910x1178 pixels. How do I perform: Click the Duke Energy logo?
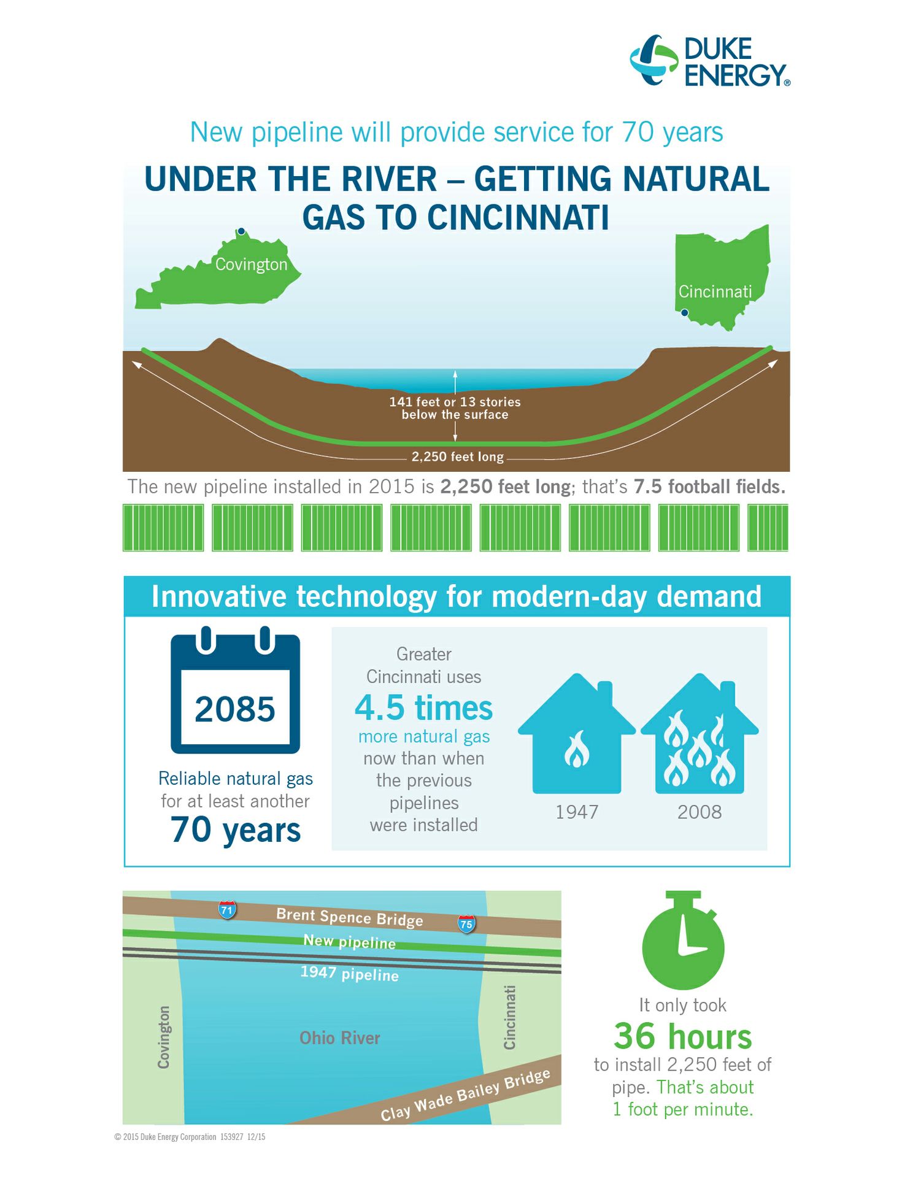click(x=710, y=61)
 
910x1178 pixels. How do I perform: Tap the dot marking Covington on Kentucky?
click(x=242, y=231)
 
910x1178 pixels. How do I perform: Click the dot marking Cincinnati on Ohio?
click(x=685, y=313)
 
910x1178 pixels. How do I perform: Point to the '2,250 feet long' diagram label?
click(x=457, y=456)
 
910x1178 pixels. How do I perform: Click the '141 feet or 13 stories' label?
click(x=455, y=402)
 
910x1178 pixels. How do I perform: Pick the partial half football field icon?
click(x=768, y=528)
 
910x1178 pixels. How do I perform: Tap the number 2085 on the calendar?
click(x=235, y=709)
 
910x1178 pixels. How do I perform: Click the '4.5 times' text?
click(x=423, y=707)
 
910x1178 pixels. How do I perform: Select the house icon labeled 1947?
click(x=577, y=733)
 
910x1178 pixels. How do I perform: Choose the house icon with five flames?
click(x=700, y=733)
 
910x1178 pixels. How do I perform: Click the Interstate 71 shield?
click(x=227, y=909)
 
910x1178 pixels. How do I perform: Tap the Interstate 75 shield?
click(x=466, y=923)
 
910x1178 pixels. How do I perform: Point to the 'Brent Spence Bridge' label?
click(x=350, y=917)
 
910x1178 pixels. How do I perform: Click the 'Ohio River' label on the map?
click(x=340, y=1037)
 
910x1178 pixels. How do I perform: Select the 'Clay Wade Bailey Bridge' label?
click(x=465, y=1095)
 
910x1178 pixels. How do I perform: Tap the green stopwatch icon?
click(x=683, y=940)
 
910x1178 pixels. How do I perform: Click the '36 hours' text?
click(x=683, y=1036)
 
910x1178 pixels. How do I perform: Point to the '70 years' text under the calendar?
click(x=236, y=830)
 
